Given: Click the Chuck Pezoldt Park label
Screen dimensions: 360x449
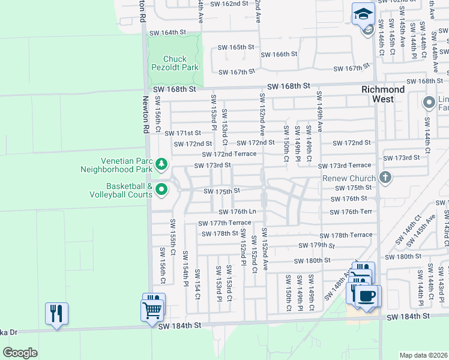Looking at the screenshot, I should pos(174,63).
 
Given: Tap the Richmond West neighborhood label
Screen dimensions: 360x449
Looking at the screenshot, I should pos(383,94).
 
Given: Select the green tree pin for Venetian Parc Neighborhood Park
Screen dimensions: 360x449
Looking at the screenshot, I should pos(161,164).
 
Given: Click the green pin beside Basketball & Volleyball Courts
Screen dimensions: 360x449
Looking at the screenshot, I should pos(161,190).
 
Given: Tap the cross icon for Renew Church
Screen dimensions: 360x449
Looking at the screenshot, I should pos(385,178).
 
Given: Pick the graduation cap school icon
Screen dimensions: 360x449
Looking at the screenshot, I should pos(363,14).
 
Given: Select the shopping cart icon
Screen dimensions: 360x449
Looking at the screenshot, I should pos(153,309).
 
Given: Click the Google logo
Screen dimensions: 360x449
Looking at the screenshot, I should pos(20,352).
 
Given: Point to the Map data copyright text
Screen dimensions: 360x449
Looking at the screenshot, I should pos(423,355).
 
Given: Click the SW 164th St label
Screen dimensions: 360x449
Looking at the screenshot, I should pos(166,32).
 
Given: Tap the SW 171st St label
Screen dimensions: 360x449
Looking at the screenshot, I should pos(184,133).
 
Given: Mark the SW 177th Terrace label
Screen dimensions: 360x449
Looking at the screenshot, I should pos(225,223).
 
